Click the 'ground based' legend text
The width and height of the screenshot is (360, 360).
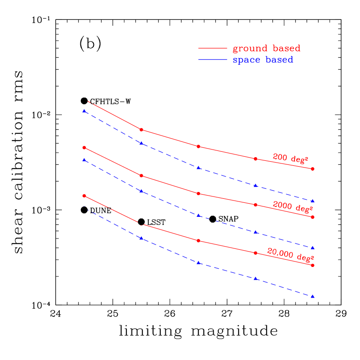pyautogui.click(x=266, y=48)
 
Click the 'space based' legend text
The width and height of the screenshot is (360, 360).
pyautogui.click(x=263, y=60)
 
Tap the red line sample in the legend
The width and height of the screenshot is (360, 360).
pyautogui.click(x=212, y=48)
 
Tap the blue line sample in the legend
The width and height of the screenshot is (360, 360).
pyautogui.click(x=212, y=60)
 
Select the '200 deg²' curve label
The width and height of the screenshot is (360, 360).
pyautogui.click(x=290, y=158)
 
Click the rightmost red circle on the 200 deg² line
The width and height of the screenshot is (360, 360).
pyautogui.click(x=313, y=168)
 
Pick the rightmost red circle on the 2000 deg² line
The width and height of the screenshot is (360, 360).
pyautogui.click(x=313, y=217)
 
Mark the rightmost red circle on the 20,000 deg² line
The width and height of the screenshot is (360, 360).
pyautogui.click(x=313, y=265)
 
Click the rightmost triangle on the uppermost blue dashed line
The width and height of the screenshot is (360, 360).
pyautogui.click(x=313, y=201)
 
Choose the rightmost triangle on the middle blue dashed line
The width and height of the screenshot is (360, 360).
pyautogui.click(x=313, y=248)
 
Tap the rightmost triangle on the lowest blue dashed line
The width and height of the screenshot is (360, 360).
pyautogui.click(x=313, y=296)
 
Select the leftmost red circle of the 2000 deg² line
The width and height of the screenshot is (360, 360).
pyautogui.click(x=84, y=148)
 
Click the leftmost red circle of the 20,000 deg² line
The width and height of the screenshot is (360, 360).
pyautogui.click(x=84, y=196)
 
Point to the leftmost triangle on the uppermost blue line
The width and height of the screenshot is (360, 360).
pyautogui.click(x=84, y=111)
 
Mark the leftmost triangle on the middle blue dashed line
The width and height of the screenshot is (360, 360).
pyautogui.click(x=84, y=159)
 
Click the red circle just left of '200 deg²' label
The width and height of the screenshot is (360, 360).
pyautogui.click(x=256, y=159)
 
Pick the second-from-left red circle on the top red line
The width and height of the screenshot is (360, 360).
pyautogui.click(x=141, y=130)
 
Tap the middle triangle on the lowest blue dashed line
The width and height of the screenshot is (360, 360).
pyautogui.click(x=199, y=262)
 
